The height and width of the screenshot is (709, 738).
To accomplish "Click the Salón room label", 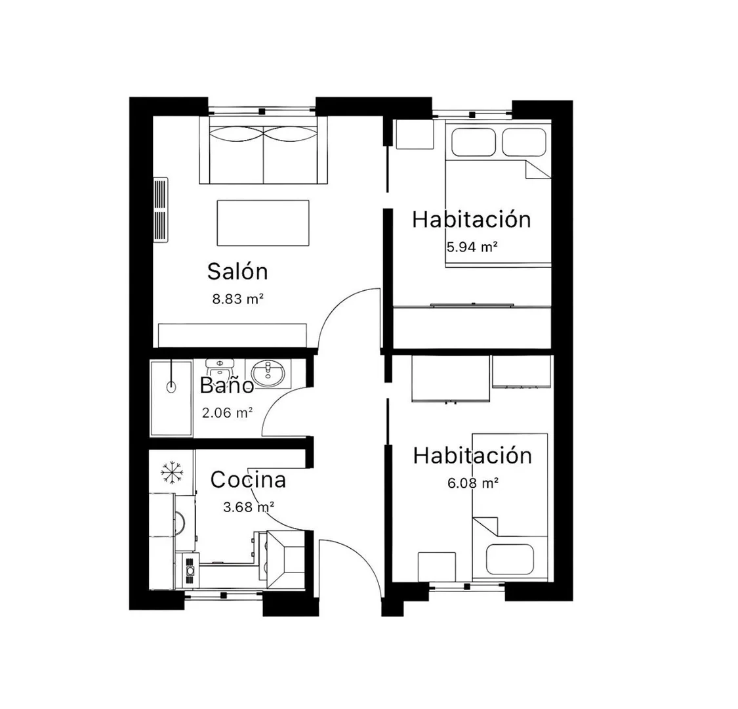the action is point(237,271).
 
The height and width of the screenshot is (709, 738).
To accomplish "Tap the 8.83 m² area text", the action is point(237,299).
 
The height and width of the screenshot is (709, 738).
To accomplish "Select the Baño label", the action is point(227,385).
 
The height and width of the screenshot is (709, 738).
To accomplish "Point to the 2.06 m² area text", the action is point(228,413).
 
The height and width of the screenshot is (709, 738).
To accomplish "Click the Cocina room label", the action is point(248,480).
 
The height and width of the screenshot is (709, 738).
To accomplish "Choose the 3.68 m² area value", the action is point(249,507).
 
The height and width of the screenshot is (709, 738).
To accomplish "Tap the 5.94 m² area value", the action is point(472,247).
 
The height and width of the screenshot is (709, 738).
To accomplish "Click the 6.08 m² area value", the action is point(472,483).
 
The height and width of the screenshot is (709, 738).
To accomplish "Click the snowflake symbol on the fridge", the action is point(172,472).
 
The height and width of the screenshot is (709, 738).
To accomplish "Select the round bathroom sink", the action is point(268,374).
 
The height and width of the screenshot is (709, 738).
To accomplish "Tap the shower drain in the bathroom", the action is point(171,387).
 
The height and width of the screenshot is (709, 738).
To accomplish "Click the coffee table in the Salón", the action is point(262,223).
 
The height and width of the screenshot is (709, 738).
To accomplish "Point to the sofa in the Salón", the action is point(263,150).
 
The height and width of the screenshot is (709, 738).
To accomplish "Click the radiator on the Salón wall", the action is point(161,210).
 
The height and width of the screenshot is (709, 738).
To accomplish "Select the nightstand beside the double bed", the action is point(415,135).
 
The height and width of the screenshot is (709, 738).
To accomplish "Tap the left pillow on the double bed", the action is point(474,142).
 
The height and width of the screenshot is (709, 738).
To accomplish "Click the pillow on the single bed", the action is point(510,560).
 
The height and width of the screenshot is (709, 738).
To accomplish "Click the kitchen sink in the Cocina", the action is point(286,560).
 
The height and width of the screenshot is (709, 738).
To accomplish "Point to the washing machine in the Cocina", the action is point(185,523).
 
